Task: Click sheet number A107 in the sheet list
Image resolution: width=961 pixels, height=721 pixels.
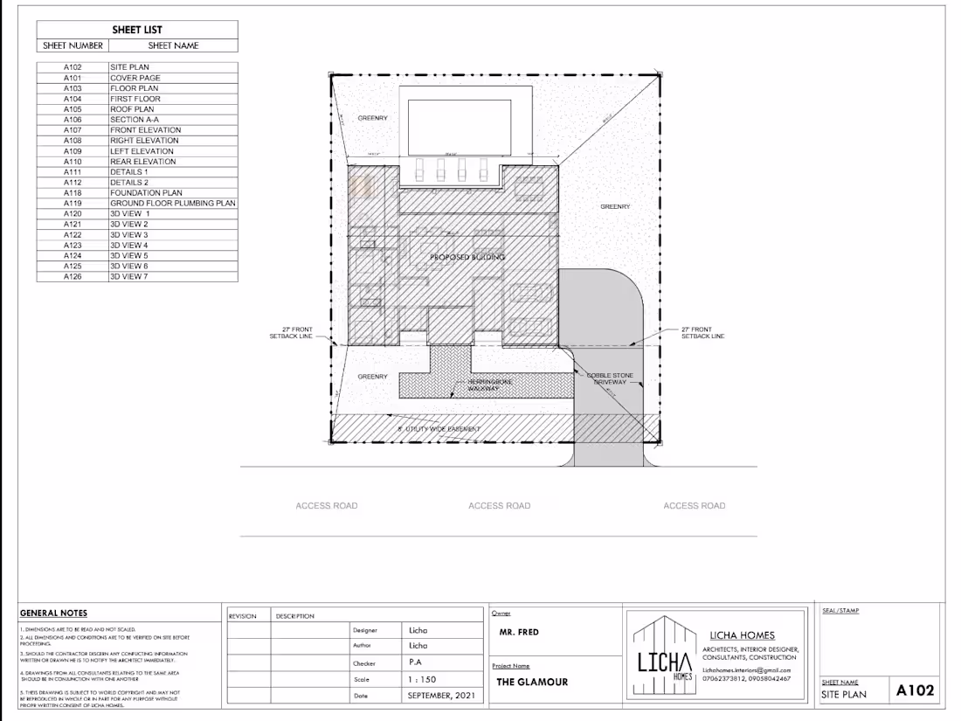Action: (72, 130)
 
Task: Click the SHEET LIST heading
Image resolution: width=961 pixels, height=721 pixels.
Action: (137, 30)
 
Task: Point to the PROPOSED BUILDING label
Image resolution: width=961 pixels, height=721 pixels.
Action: (467, 258)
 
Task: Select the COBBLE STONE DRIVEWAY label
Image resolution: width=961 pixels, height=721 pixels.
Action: (610, 379)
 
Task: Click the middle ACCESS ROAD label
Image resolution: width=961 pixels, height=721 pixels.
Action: (499, 506)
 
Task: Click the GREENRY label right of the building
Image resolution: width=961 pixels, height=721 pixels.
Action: (615, 207)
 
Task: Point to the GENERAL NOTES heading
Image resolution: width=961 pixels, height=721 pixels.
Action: (53, 614)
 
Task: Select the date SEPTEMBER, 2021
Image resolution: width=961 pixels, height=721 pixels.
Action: (442, 697)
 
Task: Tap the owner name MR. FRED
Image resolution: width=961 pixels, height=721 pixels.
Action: (519, 632)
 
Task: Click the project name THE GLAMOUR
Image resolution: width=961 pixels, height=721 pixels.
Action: (532, 682)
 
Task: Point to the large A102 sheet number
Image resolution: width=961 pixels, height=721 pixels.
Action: (916, 690)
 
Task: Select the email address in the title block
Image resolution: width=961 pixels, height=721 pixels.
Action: (746, 669)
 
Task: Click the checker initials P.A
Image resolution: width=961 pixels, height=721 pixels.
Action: (416, 662)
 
